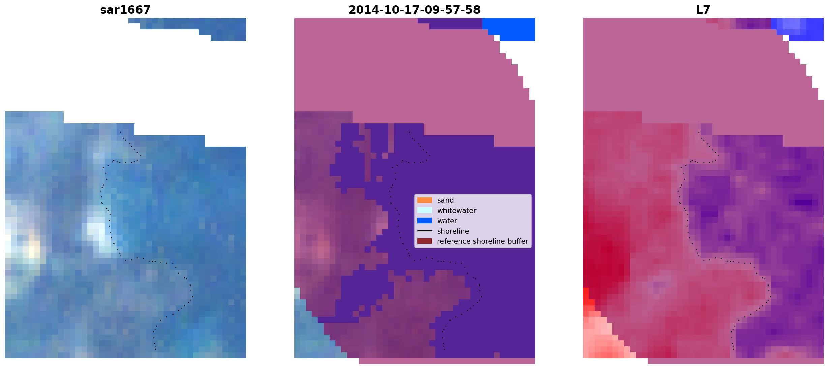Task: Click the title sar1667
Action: click(125, 10)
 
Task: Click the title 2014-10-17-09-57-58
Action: click(414, 10)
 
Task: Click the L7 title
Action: click(703, 10)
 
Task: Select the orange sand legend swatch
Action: click(425, 200)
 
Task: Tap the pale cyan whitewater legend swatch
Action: click(425, 210)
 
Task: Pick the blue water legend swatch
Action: click(425, 221)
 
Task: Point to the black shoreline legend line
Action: click(425, 231)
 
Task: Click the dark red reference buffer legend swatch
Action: click(425, 241)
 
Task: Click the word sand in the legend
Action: click(446, 200)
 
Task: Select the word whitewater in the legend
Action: click(457, 211)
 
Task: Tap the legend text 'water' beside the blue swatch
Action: click(447, 221)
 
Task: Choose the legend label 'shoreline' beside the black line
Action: click(453, 231)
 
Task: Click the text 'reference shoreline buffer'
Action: click(483, 241)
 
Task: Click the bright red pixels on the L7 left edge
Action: click(587, 298)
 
